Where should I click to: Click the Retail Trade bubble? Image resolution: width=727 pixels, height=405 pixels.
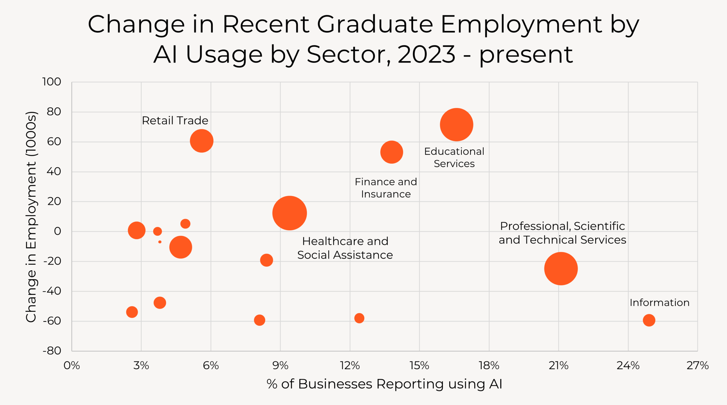[201, 141]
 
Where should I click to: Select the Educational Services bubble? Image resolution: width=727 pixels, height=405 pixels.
[456, 125]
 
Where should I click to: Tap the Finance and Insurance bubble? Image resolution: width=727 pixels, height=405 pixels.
[392, 152]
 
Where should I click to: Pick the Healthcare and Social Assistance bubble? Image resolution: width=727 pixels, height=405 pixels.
[289, 213]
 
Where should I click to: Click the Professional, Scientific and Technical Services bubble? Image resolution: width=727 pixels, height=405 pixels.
[561, 269]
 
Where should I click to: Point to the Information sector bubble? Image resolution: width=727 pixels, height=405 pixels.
[649, 320]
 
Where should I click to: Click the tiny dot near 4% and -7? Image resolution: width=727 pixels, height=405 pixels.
[160, 242]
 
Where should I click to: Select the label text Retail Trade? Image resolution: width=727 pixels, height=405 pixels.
[175, 121]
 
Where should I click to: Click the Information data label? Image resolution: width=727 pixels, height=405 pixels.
[659, 303]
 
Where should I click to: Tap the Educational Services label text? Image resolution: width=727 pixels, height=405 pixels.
[454, 157]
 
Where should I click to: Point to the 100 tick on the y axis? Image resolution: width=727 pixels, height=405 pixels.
[52, 82]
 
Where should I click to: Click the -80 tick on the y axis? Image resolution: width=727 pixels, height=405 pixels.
[52, 351]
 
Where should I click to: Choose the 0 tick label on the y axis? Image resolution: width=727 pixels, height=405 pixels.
[57, 231]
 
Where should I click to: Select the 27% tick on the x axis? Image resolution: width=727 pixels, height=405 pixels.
[697, 366]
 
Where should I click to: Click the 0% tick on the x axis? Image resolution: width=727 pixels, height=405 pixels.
[72, 366]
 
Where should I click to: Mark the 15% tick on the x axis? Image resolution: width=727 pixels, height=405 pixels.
[419, 366]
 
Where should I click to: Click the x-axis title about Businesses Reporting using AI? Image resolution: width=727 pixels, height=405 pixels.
[384, 384]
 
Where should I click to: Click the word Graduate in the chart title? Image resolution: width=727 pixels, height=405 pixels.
[375, 25]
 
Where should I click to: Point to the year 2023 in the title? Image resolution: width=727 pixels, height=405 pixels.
[427, 55]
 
